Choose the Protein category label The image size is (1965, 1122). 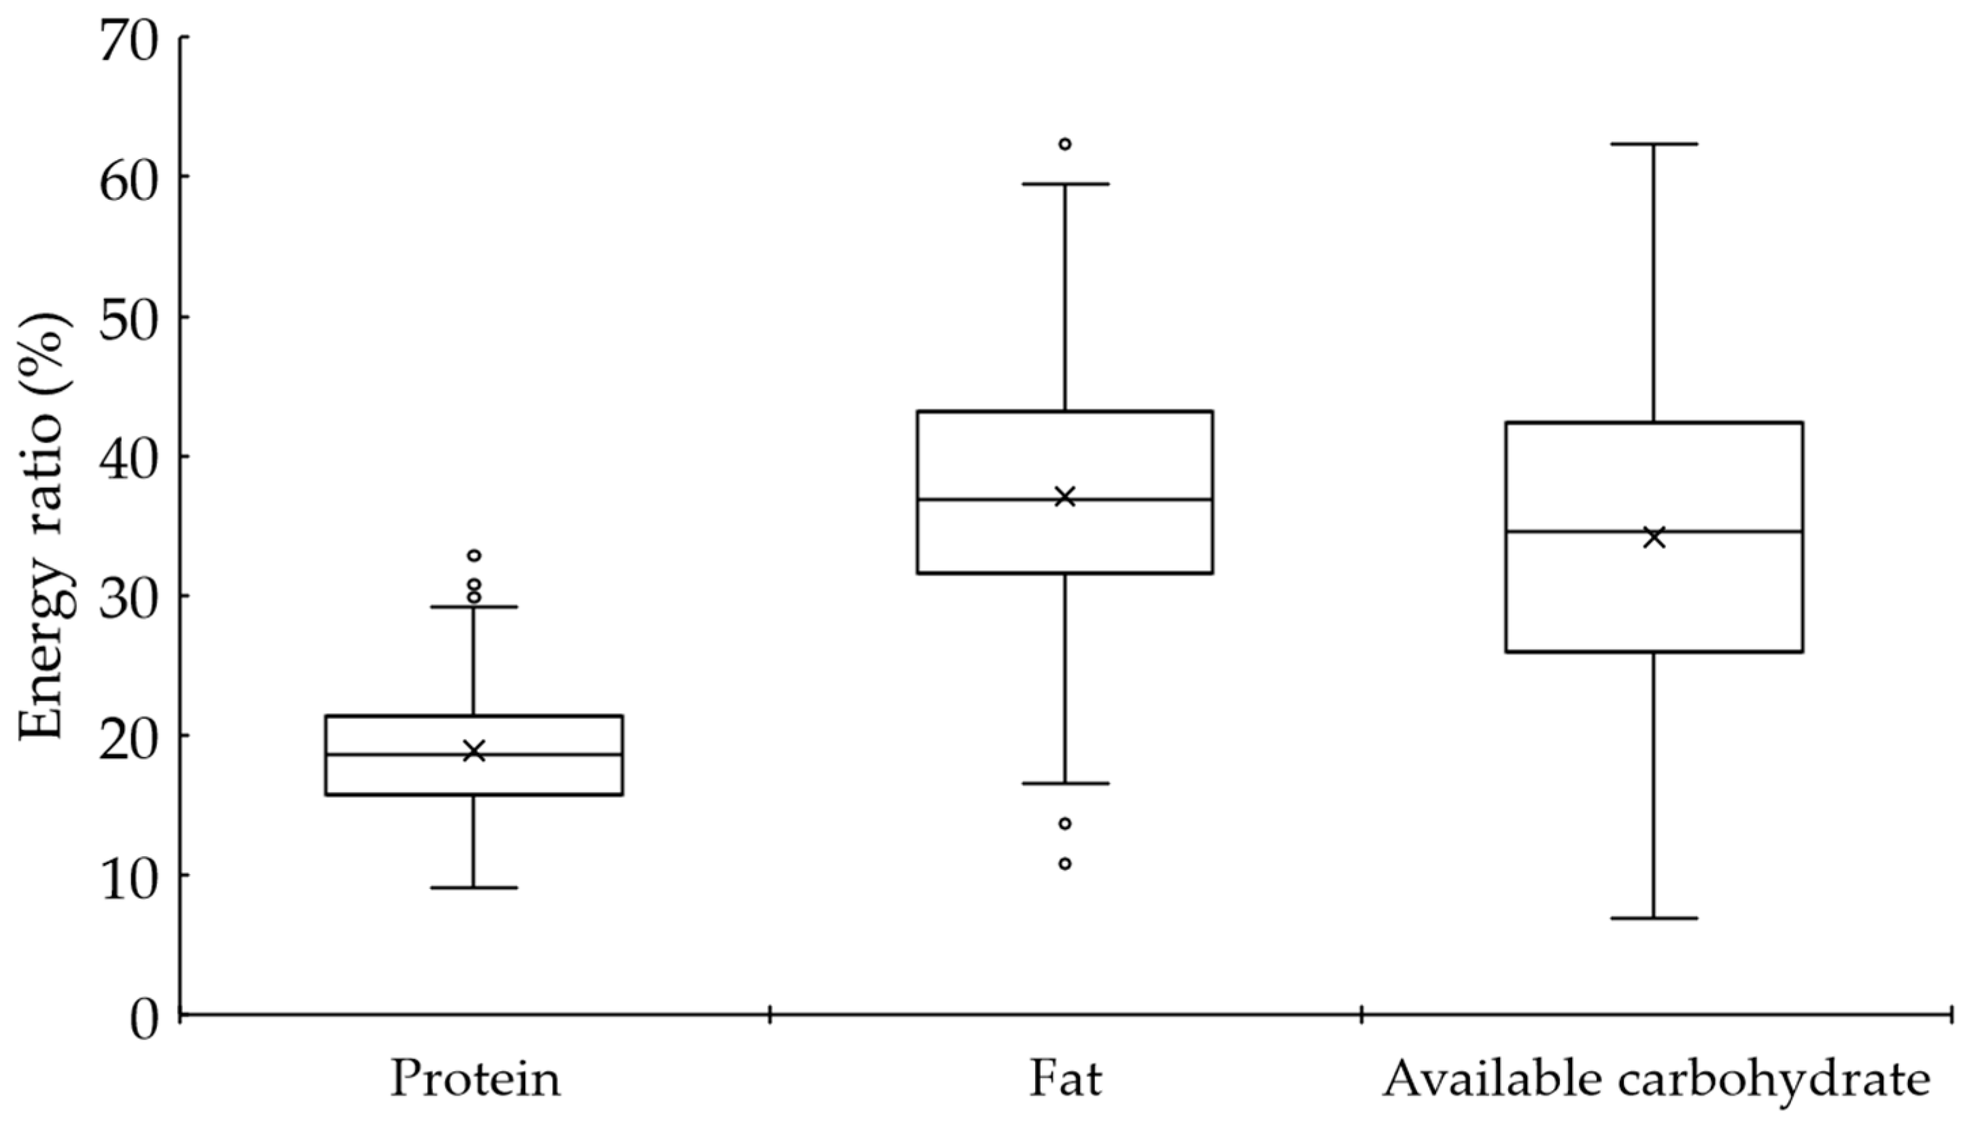(476, 1080)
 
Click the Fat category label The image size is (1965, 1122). (1065, 1080)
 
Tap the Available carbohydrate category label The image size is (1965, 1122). (1655, 1080)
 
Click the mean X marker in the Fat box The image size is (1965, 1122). (1065, 496)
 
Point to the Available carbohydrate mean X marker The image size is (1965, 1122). (1654, 538)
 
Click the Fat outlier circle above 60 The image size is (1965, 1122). (1065, 144)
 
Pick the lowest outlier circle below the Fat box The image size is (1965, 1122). (1065, 864)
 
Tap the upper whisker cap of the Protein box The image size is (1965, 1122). (474, 608)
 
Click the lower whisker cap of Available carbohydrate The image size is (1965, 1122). (1654, 919)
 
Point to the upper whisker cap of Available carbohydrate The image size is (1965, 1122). (1654, 144)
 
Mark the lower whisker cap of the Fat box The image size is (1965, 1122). (1065, 784)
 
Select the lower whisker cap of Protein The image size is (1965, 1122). (474, 888)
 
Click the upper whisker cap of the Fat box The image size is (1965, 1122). (1065, 184)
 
